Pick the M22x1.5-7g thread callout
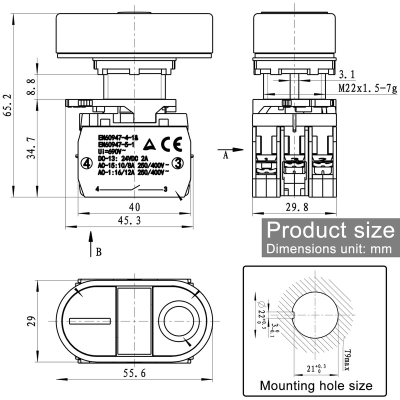pyautogui.click(x=367, y=89)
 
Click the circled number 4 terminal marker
pyautogui.click(x=86, y=163)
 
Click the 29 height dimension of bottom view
pyautogui.click(x=30, y=320)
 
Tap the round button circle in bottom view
pyautogui.click(x=177, y=320)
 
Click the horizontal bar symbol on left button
pyautogui.click(x=90, y=320)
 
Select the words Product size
pyautogui.click(x=330, y=230)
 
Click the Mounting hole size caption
pyautogui.click(x=315, y=385)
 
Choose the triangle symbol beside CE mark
pyautogui.click(x=149, y=145)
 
